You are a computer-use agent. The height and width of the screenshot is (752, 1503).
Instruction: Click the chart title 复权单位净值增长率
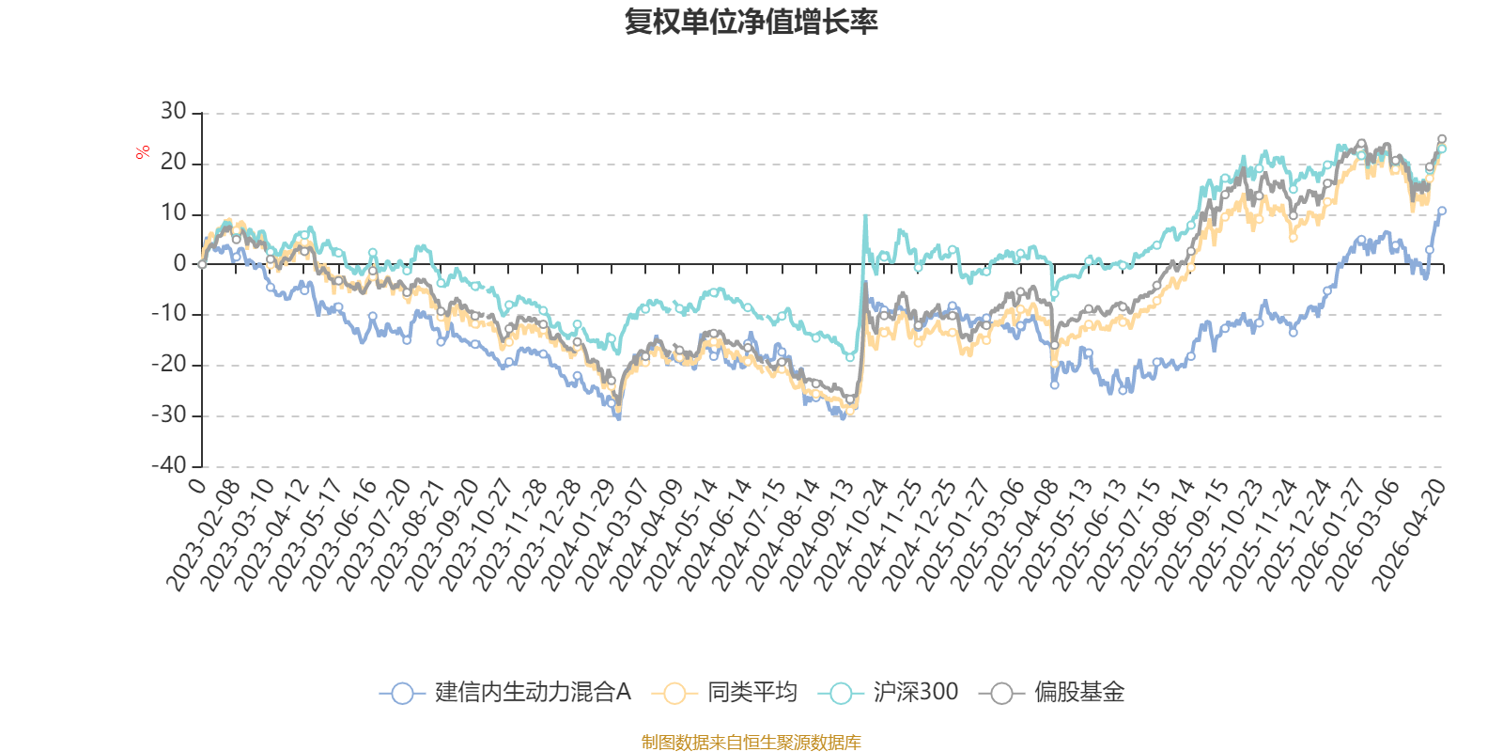[751, 22]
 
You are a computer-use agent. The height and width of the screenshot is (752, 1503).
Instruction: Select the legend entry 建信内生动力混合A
[505, 692]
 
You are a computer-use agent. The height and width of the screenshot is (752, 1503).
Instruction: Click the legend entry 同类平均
[724, 692]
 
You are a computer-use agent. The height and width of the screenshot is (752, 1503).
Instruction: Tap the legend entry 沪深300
[889, 692]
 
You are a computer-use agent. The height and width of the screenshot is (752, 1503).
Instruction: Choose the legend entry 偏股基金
[1052, 692]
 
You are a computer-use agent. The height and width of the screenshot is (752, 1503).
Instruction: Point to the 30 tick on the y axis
[173, 112]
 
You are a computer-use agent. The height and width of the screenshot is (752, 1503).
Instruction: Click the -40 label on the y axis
[169, 465]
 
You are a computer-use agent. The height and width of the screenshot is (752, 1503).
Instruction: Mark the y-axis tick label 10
[173, 212]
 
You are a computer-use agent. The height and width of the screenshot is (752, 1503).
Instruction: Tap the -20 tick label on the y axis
[169, 365]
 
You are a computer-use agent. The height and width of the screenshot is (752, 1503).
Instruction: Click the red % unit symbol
[142, 152]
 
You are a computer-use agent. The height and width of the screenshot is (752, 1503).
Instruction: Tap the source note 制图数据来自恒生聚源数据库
[751, 742]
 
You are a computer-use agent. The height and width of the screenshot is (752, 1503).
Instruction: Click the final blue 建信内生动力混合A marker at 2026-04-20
[1442, 211]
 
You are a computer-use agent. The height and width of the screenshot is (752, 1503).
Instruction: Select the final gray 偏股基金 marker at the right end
[1442, 139]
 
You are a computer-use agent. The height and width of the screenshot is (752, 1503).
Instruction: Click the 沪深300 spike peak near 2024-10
[865, 215]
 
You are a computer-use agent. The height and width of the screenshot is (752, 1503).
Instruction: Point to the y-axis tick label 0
[179, 263]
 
